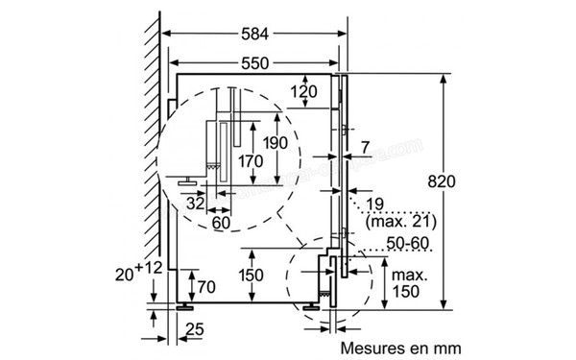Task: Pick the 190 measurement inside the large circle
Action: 276,143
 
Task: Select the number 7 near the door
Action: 365,147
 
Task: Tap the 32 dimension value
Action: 195,204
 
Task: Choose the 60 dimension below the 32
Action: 221,223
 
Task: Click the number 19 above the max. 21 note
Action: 375,204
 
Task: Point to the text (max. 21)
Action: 394,223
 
